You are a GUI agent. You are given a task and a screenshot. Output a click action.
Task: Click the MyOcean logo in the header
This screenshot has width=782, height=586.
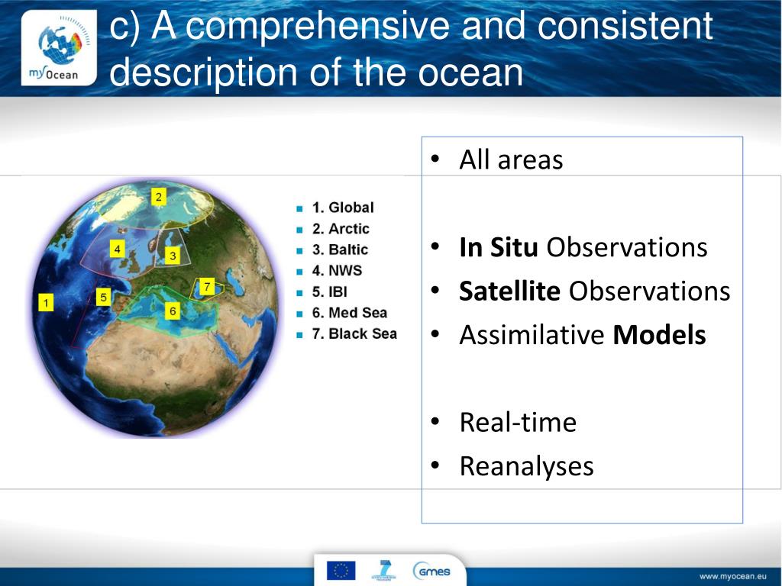[x=59, y=48]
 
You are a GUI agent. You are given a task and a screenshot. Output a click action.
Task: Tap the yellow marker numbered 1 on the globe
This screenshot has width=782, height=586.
[x=46, y=302]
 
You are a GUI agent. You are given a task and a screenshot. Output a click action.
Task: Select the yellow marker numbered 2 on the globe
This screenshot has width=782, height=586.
[x=159, y=197]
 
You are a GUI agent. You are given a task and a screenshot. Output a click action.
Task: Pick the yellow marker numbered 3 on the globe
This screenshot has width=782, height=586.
[x=173, y=256]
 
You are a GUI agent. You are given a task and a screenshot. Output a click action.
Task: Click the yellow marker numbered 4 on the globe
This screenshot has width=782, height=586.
[x=117, y=249]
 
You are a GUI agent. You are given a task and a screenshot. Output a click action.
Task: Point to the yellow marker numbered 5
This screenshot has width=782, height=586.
[x=103, y=298]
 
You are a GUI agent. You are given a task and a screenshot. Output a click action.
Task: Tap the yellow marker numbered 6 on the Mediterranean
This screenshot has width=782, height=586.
[x=173, y=311]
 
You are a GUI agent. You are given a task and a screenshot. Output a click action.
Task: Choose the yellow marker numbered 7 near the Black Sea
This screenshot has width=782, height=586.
[x=207, y=287]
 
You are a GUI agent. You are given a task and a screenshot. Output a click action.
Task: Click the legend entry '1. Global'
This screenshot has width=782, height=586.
[x=343, y=208]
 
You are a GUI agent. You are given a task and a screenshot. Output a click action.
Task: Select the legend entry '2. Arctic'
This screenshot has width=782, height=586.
[x=341, y=229]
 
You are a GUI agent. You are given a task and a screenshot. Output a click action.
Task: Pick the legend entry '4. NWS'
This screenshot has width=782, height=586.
[x=337, y=271]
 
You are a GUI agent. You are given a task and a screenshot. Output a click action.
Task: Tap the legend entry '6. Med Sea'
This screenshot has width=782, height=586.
[x=350, y=312]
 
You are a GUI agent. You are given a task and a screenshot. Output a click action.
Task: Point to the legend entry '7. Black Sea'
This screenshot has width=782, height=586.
[x=354, y=333]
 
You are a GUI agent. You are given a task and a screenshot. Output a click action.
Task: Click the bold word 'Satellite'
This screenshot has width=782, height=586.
[x=509, y=291]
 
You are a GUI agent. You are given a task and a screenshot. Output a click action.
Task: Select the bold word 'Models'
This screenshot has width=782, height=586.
[x=659, y=335]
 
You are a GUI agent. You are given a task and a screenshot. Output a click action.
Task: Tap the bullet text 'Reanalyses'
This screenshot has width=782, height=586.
[x=527, y=467]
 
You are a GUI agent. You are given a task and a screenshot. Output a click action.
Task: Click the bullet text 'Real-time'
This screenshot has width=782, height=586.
[x=518, y=423]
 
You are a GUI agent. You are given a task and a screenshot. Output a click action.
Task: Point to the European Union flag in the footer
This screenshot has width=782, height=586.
[x=341, y=570]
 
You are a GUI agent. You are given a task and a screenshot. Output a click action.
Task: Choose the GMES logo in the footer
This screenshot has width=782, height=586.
[x=431, y=571]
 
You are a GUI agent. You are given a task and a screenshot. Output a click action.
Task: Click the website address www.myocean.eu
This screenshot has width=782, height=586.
[x=732, y=577]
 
